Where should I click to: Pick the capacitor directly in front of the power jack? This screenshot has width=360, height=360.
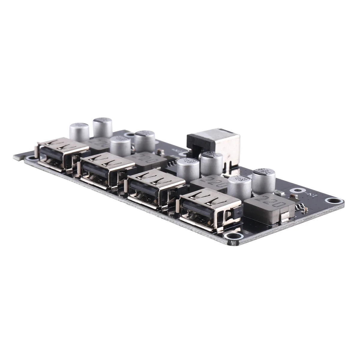[211, 163]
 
